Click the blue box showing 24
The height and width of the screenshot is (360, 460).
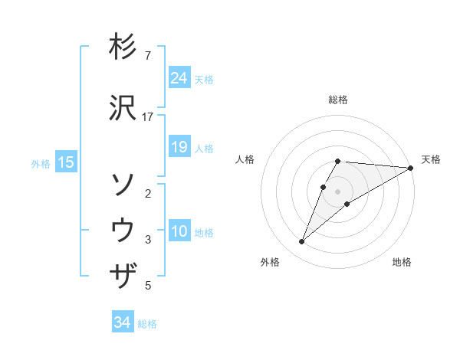coord(179,78)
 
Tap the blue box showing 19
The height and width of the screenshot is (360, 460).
coord(179,147)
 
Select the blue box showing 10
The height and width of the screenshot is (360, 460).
coord(179,231)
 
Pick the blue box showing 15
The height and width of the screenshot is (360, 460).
coord(66,162)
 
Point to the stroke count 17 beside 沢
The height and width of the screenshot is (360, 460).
coord(149,116)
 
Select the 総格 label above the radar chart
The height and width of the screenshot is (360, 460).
coord(338,100)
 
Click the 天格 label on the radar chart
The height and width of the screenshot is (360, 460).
coord(431,159)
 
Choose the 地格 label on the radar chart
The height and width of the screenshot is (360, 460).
coord(402,263)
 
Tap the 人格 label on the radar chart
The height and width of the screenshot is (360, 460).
coord(245,159)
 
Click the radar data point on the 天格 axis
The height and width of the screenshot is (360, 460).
coord(411,168)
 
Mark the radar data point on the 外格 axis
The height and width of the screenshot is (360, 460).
coord(301,242)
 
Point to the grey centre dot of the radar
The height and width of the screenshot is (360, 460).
coord(338,191)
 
